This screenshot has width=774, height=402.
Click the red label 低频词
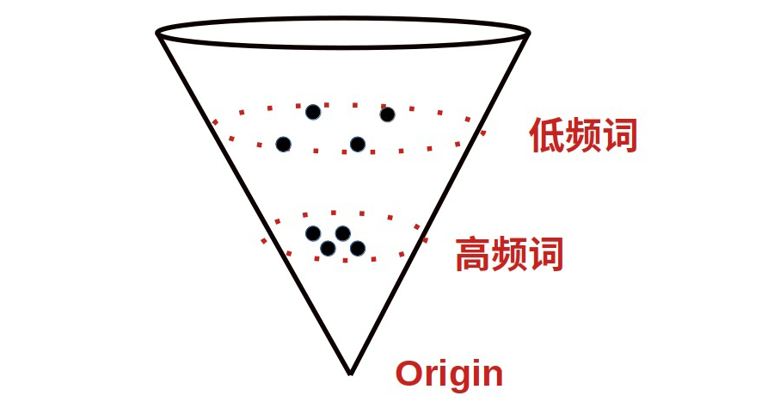pyautogui.click(x=584, y=136)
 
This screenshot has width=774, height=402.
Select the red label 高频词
pyautogui.click(x=509, y=255)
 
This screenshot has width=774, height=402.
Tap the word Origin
pyautogui.click(x=449, y=374)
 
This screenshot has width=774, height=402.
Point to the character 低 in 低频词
pyautogui.click(x=547, y=136)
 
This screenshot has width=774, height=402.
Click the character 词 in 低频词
pyautogui.click(x=620, y=136)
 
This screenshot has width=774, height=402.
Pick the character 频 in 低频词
pyautogui.click(x=584, y=136)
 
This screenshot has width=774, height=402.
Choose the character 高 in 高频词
pyautogui.click(x=472, y=255)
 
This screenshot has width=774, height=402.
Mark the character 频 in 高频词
pyautogui.click(x=509, y=255)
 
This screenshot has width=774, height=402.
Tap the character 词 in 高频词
pyautogui.click(x=546, y=255)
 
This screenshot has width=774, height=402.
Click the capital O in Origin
pyautogui.click(x=408, y=374)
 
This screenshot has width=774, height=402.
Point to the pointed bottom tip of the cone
pyautogui.click(x=350, y=373)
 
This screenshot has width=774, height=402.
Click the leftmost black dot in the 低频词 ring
pyautogui.click(x=283, y=144)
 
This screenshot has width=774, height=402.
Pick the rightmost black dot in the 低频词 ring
pyautogui.click(x=387, y=114)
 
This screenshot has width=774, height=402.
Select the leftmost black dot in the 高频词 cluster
pyautogui.click(x=313, y=233)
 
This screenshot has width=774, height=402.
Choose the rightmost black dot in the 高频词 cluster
pyautogui.click(x=358, y=248)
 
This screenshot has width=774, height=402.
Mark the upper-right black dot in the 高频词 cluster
pyautogui.click(x=342, y=233)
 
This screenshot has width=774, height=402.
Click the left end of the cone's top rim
pyautogui.click(x=158, y=34)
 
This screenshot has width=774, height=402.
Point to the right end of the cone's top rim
pyautogui.click(x=527, y=34)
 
